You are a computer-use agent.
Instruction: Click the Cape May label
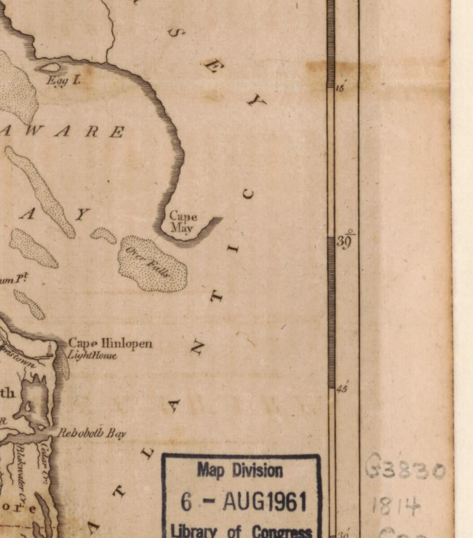point(183,222)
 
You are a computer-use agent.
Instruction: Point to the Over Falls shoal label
point(148,262)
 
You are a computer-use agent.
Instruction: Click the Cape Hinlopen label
point(110,344)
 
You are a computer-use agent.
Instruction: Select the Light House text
point(92,356)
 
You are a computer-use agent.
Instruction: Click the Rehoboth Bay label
point(92,433)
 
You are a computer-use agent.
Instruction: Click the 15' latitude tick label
point(340,88)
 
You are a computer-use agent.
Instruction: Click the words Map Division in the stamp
point(240,471)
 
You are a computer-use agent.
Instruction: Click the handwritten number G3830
point(405,470)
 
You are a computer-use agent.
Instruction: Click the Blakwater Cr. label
point(21,473)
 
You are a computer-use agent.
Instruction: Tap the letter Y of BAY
point(81,215)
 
